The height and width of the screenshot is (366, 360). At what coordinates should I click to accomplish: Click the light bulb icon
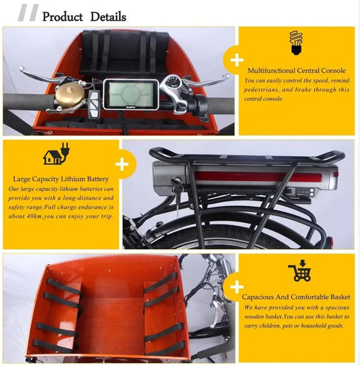point(295,42)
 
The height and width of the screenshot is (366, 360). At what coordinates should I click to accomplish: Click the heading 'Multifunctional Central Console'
point(297,70)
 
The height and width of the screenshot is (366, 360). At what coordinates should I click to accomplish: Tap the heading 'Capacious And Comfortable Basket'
point(295,296)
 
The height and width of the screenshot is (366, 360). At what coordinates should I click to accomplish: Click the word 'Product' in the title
point(62,16)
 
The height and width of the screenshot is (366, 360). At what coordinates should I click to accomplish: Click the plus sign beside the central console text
point(236,60)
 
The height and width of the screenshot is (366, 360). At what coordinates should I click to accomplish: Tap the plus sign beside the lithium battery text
point(122,164)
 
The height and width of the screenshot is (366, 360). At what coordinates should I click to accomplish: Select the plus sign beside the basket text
point(236,286)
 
